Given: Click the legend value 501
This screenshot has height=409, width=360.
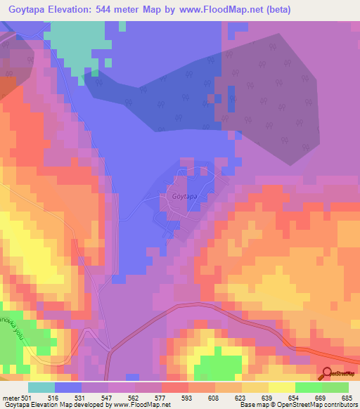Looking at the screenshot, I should point(26,397).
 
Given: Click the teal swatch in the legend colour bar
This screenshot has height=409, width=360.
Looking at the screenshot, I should point(41,387).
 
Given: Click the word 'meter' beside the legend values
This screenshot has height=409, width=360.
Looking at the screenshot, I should point(11,397).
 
